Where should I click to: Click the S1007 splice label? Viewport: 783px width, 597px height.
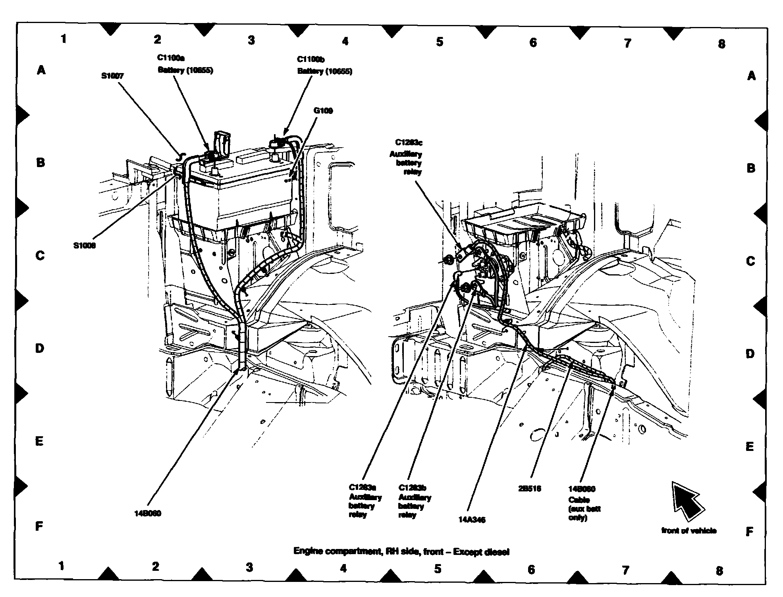coord(112,76)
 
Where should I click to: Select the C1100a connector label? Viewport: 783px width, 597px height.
coord(171,58)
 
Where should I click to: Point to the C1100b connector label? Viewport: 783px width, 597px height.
coord(311,60)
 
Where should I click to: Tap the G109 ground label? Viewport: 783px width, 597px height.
coord(323,110)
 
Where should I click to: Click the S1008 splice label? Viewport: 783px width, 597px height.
coord(84,246)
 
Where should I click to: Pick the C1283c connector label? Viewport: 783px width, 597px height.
coord(409,143)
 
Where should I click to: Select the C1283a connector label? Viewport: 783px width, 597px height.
coord(362,487)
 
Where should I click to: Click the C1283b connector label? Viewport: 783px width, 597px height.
coord(412,488)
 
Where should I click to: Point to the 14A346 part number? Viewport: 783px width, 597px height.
coord(472,520)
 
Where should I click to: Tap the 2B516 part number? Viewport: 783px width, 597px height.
coord(529,489)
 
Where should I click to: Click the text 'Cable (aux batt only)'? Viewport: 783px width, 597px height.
coord(584,509)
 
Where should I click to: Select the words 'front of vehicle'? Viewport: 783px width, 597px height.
coord(689,530)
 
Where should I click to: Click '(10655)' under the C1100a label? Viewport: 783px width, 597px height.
coord(200,70)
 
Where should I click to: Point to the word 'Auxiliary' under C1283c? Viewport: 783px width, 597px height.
coord(405,154)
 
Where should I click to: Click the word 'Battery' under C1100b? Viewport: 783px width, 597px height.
coord(310,71)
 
